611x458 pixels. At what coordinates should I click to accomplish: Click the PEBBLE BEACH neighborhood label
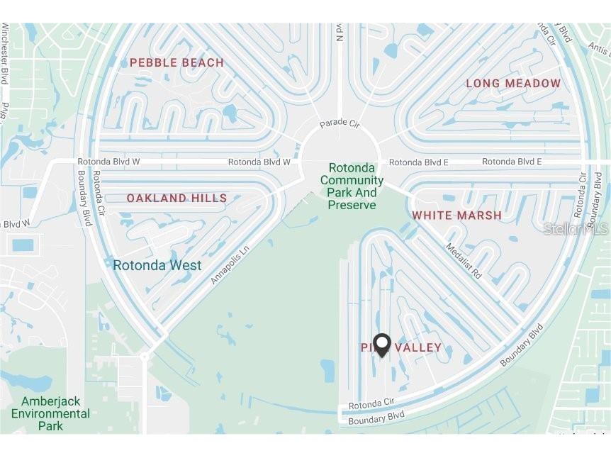click(176, 63)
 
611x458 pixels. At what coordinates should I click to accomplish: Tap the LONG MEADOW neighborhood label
click(513, 84)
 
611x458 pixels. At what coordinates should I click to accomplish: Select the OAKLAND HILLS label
click(176, 199)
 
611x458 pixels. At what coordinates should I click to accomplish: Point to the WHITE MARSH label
click(456, 216)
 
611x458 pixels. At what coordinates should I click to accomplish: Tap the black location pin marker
click(382, 345)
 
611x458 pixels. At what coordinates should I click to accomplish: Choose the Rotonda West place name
click(157, 266)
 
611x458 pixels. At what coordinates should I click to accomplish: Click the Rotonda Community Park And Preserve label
click(352, 186)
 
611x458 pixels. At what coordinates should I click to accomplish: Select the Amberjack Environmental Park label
click(50, 413)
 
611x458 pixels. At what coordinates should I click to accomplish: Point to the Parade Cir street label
click(339, 123)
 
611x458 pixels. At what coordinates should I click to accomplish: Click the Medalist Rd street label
click(464, 261)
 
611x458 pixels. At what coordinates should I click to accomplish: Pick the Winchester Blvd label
click(6, 53)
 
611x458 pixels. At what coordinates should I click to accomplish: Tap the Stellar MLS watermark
click(576, 228)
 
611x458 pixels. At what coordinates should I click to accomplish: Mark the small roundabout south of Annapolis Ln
click(145, 357)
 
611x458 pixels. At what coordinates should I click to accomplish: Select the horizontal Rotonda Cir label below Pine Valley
click(371, 403)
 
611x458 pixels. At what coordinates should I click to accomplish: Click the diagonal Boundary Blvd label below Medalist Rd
click(521, 346)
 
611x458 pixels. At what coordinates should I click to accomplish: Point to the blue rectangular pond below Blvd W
click(23, 245)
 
